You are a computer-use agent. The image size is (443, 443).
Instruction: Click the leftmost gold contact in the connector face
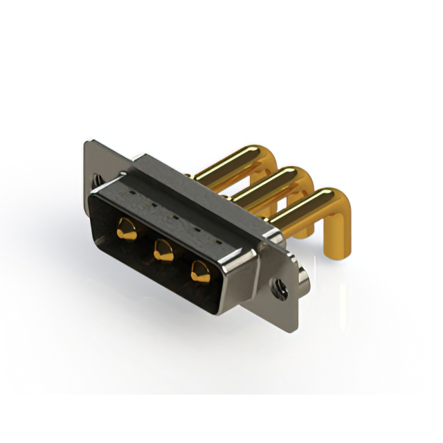[x=125, y=226]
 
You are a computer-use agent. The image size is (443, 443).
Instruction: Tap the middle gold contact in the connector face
[x=163, y=248]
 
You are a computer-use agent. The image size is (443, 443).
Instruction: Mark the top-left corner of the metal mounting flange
[x=86, y=143]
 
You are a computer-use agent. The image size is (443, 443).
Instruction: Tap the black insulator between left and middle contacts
[x=144, y=239]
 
